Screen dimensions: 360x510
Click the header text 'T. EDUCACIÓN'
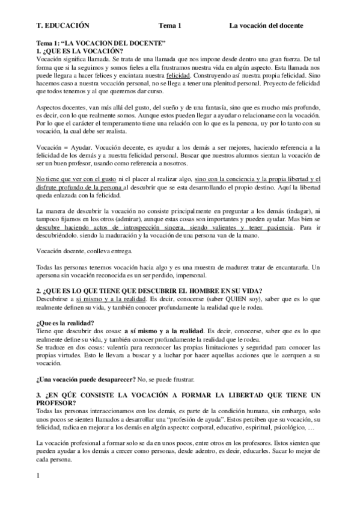(63, 25)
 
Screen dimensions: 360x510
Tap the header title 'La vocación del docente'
(266, 25)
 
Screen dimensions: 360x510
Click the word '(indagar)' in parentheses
(297, 211)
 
